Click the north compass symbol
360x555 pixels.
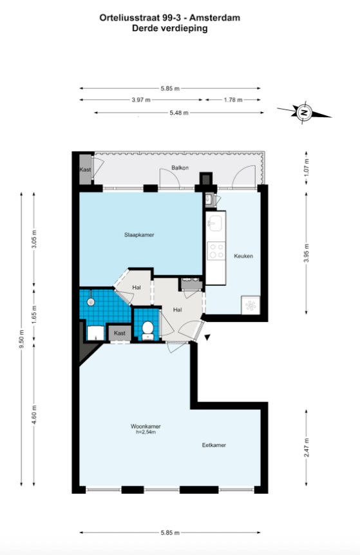304,113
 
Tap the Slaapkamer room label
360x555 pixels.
139,234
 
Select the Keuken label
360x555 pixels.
243,256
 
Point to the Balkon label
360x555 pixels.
180,168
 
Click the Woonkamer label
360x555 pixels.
146,426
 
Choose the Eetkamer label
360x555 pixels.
214,446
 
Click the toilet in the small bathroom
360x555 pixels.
147,330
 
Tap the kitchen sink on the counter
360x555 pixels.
215,223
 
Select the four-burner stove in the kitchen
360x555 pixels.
216,250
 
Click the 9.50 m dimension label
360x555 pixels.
22,339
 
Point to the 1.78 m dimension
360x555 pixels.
233,100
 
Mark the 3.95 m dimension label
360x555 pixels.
307,253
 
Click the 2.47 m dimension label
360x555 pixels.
307,447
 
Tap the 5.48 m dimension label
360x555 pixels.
179,113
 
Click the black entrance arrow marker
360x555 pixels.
207,337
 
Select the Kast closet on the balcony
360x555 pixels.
85,169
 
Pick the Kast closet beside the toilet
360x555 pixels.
120,333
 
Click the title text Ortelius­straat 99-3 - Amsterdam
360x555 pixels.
170,17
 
